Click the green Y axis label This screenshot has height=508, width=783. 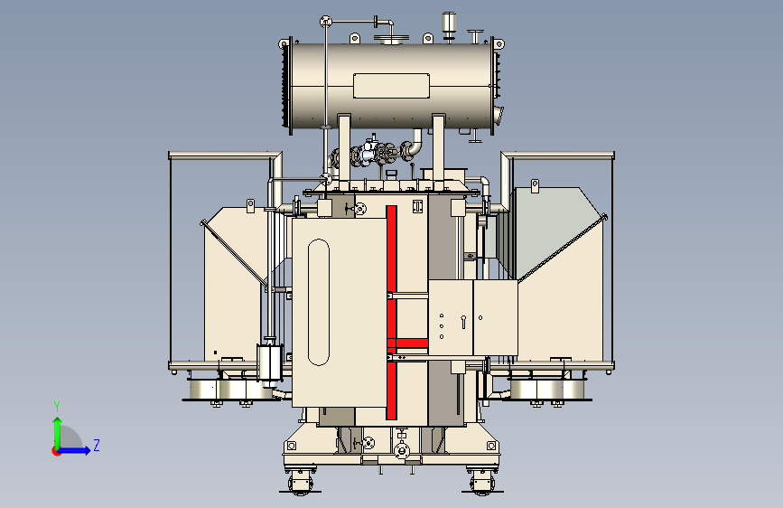click(x=57, y=407)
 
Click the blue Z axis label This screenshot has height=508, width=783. click(x=97, y=445)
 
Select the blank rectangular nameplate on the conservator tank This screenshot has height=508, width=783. click(x=392, y=86)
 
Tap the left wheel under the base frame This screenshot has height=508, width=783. click(x=300, y=483)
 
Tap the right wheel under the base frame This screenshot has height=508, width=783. click(x=482, y=483)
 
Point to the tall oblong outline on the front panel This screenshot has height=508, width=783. click(x=319, y=302)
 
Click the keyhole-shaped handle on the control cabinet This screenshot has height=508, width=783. click(x=463, y=322)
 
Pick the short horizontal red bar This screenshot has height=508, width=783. click(x=407, y=343)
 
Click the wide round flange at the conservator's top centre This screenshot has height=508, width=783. click(x=392, y=40)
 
